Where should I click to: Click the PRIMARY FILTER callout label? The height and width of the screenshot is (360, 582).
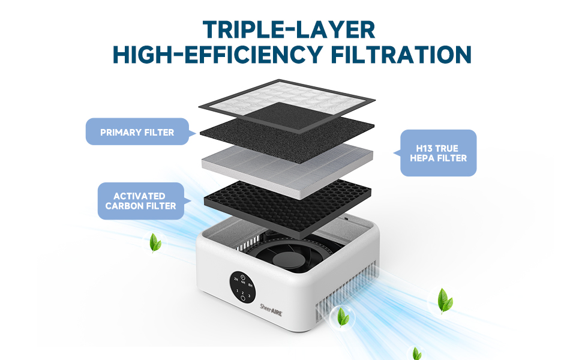(x=137, y=132)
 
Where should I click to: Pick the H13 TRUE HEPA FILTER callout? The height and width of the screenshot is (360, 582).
(x=438, y=153)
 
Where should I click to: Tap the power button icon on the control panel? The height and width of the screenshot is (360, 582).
(x=243, y=298)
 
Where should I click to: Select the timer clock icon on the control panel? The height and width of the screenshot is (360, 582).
(x=243, y=277)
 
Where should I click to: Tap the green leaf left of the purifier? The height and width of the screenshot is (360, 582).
(x=155, y=243)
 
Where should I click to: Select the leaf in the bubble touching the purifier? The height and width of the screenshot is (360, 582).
(x=343, y=316)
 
